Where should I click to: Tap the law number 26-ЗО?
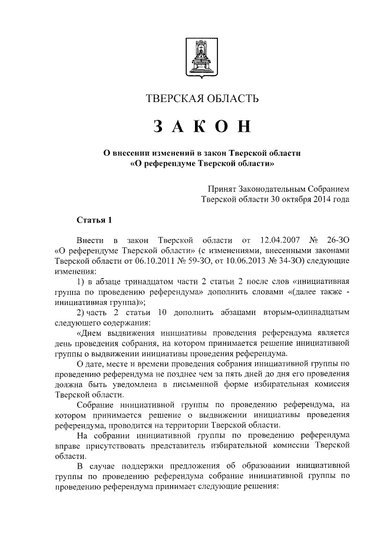click(x=338, y=241)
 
